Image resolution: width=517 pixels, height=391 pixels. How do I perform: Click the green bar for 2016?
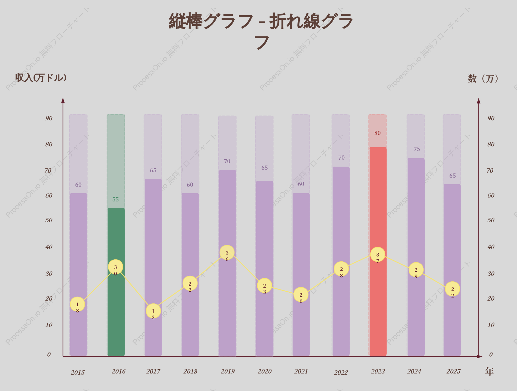click(x=116, y=282)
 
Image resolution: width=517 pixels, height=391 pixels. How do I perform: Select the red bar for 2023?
click(x=378, y=251)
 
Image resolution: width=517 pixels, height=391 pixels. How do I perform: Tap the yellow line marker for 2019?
click(x=227, y=253)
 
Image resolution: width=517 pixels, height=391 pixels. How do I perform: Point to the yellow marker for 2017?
click(x=153, y=311)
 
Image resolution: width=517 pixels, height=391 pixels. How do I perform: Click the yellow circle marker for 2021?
click(x=301, y=295)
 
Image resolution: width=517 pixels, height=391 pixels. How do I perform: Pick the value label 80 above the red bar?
click(x=378, y=133)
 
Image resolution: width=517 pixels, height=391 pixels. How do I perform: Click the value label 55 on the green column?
click(x=116, y=199)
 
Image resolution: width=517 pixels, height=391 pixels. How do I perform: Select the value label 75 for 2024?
click(x=417, y=149)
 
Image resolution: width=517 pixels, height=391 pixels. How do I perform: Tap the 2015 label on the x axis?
click(x=78, y=373)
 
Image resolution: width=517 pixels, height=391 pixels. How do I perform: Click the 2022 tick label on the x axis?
click(x=341, y=373)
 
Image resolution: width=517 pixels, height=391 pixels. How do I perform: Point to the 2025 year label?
click(x=454, y=372)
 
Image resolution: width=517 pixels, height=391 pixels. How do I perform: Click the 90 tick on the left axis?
click(x=49, y=118)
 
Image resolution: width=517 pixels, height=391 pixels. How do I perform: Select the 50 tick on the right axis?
click(x=491, y=220)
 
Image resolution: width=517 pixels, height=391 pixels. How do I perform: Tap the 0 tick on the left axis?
click(x=49, y=355)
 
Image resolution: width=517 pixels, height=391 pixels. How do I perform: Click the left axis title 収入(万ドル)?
click(x=41, y=78)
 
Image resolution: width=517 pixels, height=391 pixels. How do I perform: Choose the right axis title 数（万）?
click(x=483, y=79)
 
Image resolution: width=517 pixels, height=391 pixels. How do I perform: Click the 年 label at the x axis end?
click(x=489, y=372)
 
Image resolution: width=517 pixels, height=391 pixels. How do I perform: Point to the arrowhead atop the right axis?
click(x=479, y=101)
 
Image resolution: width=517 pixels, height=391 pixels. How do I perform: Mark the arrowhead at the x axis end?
click(x=479, y=357)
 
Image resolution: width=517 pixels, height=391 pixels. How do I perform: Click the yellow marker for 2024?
click(x=416, y=270)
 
